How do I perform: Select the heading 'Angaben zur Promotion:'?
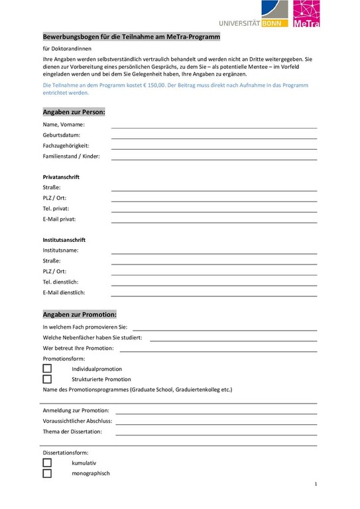pyautogui.click(x=80, y=313)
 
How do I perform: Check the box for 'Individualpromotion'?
pyautogui.click(x=47, y=368)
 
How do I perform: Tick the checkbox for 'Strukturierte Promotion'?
pyautogui.click(x=47, y=379)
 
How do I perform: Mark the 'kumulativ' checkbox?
pyautogui.click(x=47, y=463)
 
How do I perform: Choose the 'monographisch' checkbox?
pyautogui.click(x=47, y=473)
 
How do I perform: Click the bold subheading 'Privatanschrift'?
pyautogui.click(x=61, y=177)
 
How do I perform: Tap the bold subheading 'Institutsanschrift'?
pyautogui.click(x=64, y=239)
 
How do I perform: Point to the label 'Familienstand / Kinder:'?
pyautogui.click(x=72, y=156)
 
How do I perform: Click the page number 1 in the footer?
pyautogui.click(x=316, y=485)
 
